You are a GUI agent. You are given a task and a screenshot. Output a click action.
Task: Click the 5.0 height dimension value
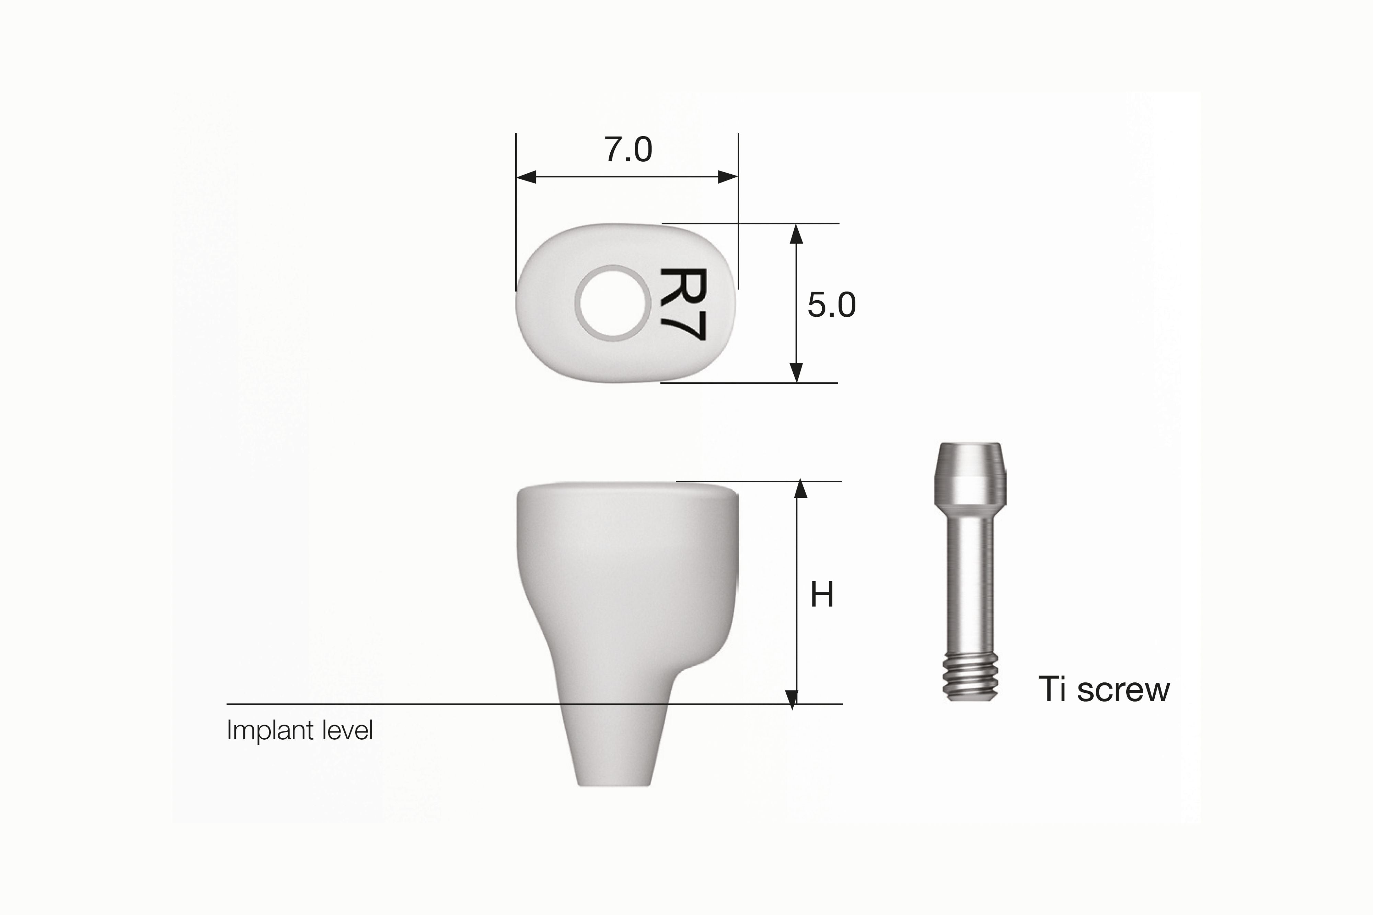point(832,305)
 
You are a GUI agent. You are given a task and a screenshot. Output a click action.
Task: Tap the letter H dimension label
point(822,595)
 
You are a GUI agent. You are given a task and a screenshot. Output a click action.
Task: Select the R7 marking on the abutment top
point(683,304)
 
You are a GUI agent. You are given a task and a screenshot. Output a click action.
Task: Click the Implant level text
point(299,730)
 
